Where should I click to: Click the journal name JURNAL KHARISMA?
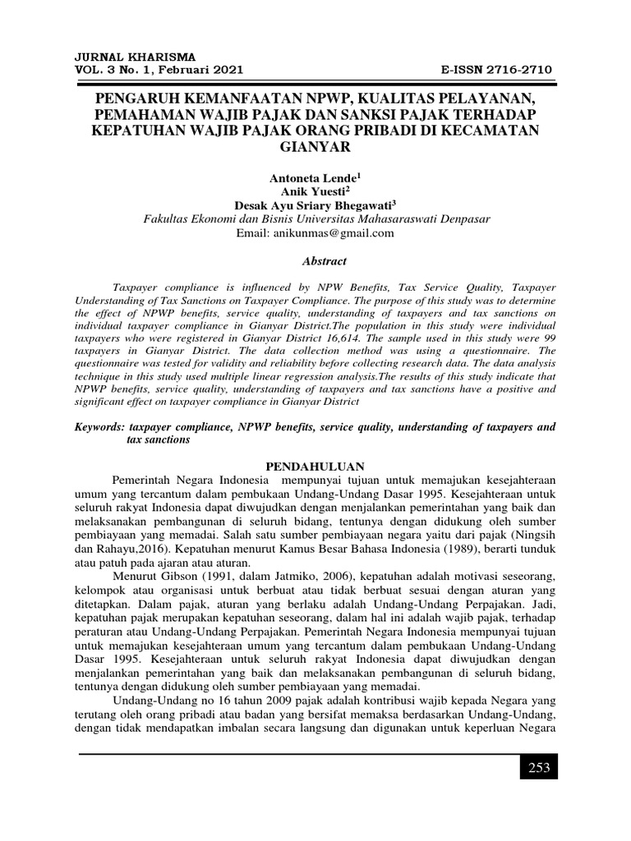click(x=136, y=57)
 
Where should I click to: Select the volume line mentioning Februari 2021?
click(x=159, y=70)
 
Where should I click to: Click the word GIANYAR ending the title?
click(x=315, y=147)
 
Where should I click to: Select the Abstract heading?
click(x=315, y=261)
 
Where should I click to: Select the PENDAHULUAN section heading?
click(x=315, y=466)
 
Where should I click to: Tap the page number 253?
click(x=538, y=768)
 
